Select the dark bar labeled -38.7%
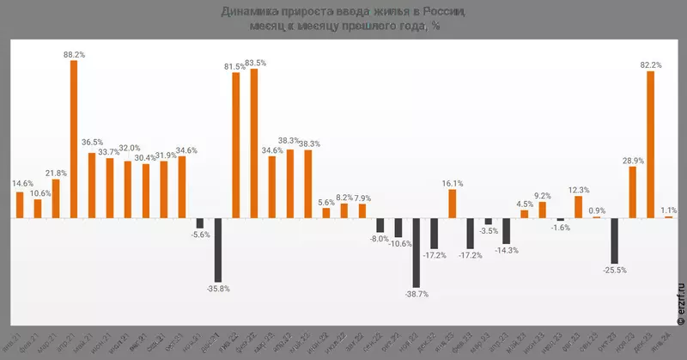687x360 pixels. coord(416,252)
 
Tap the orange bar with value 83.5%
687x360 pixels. coord(254,143)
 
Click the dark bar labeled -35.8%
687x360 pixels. coord(218,249)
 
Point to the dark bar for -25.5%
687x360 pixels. coord(614,241)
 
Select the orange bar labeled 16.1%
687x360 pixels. coord(452,204)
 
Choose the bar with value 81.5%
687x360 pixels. coord(236,144)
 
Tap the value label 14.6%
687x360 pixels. coord(23,183)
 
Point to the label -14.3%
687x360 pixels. coord(506,251)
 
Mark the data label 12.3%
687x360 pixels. coord(579,189)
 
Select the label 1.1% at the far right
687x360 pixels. coord(669,209)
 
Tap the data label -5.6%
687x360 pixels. coord(200,235)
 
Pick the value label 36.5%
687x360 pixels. coord(92,143)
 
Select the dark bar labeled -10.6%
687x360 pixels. coord(398,228)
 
